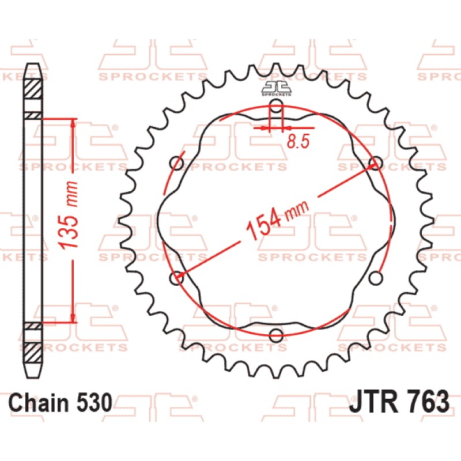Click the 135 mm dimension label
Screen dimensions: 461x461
point(68,215)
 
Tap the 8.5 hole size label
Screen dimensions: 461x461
point(298,141)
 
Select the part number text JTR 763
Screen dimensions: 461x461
point(399,402)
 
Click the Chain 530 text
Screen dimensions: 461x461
point(61,402)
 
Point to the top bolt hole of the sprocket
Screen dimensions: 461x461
point(276,105)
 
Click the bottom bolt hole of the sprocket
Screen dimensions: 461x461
point(276,335)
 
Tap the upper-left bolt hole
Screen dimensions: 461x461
point(177,163)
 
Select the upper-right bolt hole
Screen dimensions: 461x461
point(376,163)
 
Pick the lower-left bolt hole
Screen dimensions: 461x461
point(177,278)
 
